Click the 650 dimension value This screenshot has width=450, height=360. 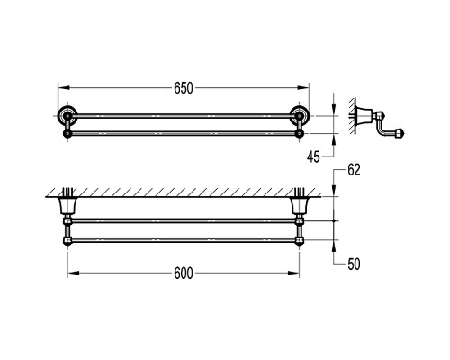coord(184,88)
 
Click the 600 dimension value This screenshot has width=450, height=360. coord(184,274)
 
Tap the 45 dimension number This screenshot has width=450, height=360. coord(313,157)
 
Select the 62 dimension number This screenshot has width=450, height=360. coord(354,170)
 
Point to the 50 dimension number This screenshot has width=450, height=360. coord(354,265)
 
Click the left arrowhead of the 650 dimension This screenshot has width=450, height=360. coord(64,87)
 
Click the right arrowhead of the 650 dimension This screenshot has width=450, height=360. coord(303,87)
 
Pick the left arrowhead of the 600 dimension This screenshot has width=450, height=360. coord(74,273)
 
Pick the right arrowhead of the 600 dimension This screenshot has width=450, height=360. coord(293,273)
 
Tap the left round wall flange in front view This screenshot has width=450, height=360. coord(67,115)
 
